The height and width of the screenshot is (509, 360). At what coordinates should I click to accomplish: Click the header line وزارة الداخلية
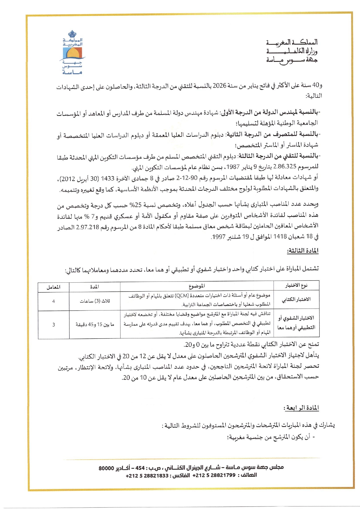tap(292, 51)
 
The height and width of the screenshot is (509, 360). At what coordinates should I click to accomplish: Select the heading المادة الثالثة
tap(303, 251)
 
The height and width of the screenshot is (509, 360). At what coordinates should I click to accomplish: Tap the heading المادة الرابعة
tap(301, 408)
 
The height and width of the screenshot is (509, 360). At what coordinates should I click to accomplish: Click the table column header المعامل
tap(53, 287)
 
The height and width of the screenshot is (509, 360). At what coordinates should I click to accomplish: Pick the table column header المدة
tap(95, 287)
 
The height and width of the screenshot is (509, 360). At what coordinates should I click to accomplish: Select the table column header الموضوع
tap(197, 286)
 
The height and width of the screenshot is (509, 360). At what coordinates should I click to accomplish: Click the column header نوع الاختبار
tap(296, 286)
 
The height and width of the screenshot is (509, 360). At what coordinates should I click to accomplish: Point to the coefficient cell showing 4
tap(53, 302)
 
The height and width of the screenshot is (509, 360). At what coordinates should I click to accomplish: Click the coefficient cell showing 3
tap(53, 325)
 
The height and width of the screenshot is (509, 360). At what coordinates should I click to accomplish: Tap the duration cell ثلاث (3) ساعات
tap(95, 302)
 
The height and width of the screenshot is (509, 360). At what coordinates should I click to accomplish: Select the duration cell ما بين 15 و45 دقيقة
tap(95, 325)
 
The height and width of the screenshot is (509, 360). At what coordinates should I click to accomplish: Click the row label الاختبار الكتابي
tap(296, 299)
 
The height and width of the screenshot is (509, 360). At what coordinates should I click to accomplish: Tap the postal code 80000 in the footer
tap(106, 468)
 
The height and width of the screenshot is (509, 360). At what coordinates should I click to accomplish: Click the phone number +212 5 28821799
tap(214, 475)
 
